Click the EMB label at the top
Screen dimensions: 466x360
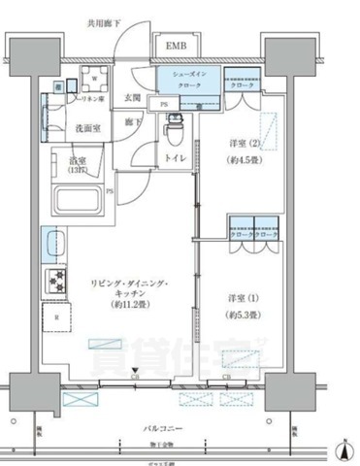coord(176,47)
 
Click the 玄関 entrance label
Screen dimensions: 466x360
coord(133,97)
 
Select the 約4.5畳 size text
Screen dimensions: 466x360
coord(243,159)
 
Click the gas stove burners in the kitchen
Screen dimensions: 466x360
coord(52,282)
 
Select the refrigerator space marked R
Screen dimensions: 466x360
coord(57,317)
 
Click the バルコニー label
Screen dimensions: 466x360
coord(175,427)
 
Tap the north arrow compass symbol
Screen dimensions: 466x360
coord(344,449)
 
